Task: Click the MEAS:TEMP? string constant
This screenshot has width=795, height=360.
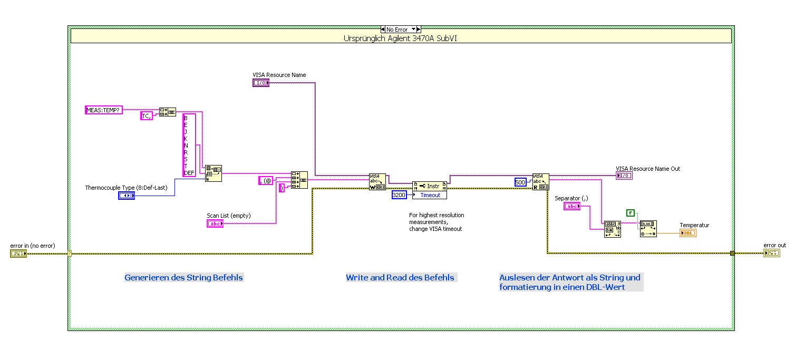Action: coord(104,110)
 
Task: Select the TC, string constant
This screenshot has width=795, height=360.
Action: coord(147,116)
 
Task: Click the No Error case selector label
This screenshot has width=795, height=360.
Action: coord(397,30)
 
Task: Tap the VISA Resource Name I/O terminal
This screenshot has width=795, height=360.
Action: coord(260,83)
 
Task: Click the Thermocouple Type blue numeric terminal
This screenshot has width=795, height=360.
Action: coord(127,196)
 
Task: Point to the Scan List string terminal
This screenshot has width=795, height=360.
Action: coord(215,223)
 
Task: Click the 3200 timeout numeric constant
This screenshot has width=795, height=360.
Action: coord(399,195)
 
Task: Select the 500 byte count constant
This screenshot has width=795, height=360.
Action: coord(520,182)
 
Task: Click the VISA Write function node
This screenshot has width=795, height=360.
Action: coord(377,182)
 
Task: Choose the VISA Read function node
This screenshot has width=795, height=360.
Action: coord(540,182)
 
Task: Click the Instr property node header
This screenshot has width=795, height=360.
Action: coord(430,186)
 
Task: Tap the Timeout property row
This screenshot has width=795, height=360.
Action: coord(430,195)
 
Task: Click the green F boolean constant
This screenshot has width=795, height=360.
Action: coord(631,213)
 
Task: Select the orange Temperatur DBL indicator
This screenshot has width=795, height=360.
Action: coord(687,233)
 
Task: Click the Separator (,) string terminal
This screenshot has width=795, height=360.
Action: coord(572,207)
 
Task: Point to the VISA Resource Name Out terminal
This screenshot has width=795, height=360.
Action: coord(624,176)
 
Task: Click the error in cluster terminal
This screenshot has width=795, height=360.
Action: coord(18,254)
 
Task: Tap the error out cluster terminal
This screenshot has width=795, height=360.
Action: coord(771,253)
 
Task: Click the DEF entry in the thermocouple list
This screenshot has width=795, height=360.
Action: coord(189,173)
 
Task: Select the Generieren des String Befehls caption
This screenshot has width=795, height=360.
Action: coord(183,278)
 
